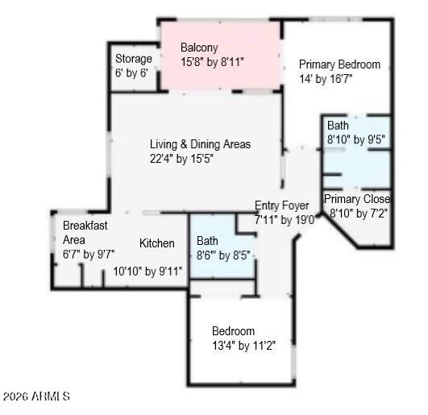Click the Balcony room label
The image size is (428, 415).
pos(199,48)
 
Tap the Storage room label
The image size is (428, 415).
pos(133,59)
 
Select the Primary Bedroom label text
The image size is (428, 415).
pos(339,64)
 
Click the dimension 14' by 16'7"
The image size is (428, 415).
pos(326,79)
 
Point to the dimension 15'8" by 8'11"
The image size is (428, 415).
pos(212,61)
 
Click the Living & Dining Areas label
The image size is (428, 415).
pos(200,144)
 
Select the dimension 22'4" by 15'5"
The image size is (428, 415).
pos(187,159)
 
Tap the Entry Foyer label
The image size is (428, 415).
pos(281,205)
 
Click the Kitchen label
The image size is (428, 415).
pos(157,243)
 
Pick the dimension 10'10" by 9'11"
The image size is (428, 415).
pos(148,272)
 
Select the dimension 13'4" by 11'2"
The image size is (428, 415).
pos(243,346)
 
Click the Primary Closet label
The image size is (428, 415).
pos(357,199)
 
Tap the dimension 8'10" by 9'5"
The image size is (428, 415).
pos(355,139)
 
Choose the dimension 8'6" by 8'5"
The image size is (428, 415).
pos(223,256)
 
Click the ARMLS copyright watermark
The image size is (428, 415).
pos(36,396)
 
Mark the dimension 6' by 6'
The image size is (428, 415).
pos(131,73)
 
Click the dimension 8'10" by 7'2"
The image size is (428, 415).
pos(359,214)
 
